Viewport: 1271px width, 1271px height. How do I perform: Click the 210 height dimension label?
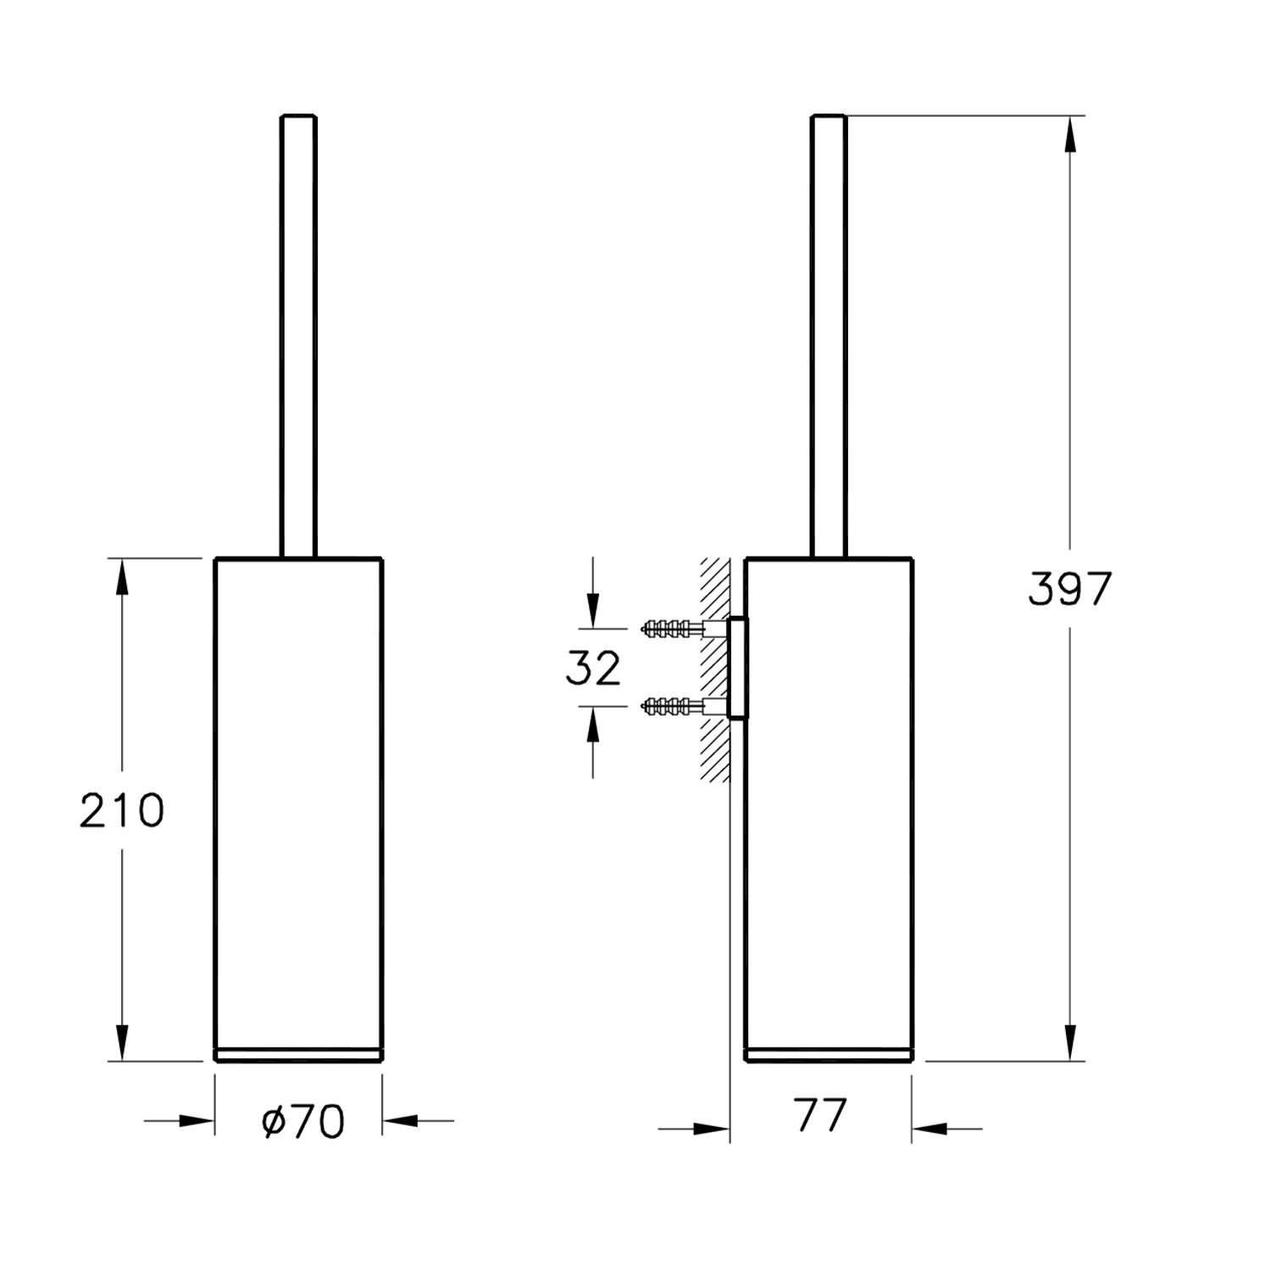click(x=122, y=811)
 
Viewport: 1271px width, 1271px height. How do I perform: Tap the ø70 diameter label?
click(x=303, y=1122)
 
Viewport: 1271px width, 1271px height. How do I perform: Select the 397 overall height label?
click(x=1068, y=589)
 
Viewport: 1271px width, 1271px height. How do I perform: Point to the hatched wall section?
click(x=714, y=669)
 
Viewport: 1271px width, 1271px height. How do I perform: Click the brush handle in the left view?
click(x=298, y=336)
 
